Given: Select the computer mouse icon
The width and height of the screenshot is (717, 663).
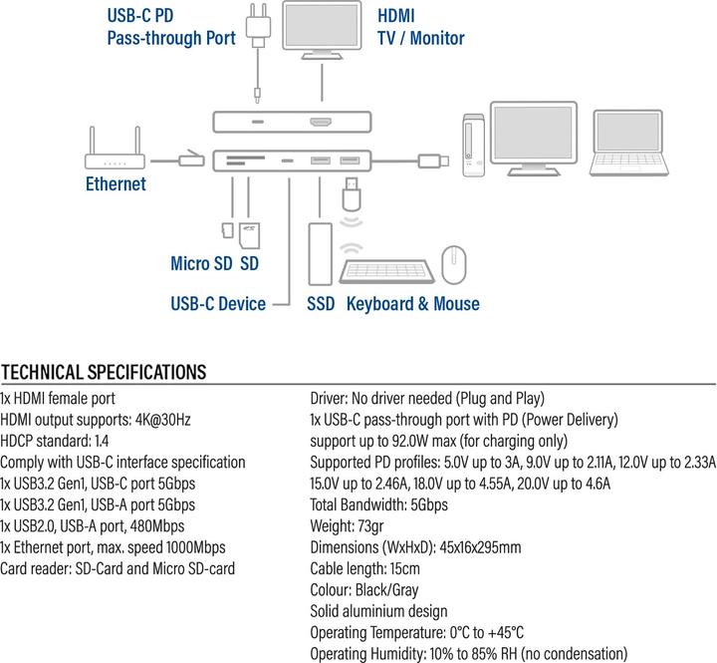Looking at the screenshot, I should click(x=454, y=265).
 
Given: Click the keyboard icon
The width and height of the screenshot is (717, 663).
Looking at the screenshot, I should click(x=384, y=267).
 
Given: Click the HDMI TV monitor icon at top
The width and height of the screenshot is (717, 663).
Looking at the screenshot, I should click(x=323, y=31).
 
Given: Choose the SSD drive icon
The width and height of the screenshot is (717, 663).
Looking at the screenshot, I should click(x=320, y=253).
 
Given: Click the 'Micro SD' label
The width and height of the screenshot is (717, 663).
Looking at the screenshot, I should click(x=202, y=264).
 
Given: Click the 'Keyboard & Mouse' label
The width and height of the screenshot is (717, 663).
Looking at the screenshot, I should click(x=412, y=304).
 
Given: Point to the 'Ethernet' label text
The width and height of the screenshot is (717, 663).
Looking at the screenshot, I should click(x=116, y=184).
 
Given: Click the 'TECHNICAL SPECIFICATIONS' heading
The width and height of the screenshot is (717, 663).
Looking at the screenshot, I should click(x=104, y=373).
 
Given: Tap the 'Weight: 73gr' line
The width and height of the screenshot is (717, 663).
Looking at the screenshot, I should click(x=353, y=526).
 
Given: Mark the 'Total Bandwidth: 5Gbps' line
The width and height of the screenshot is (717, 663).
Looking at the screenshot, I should click(x=378, y=505).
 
